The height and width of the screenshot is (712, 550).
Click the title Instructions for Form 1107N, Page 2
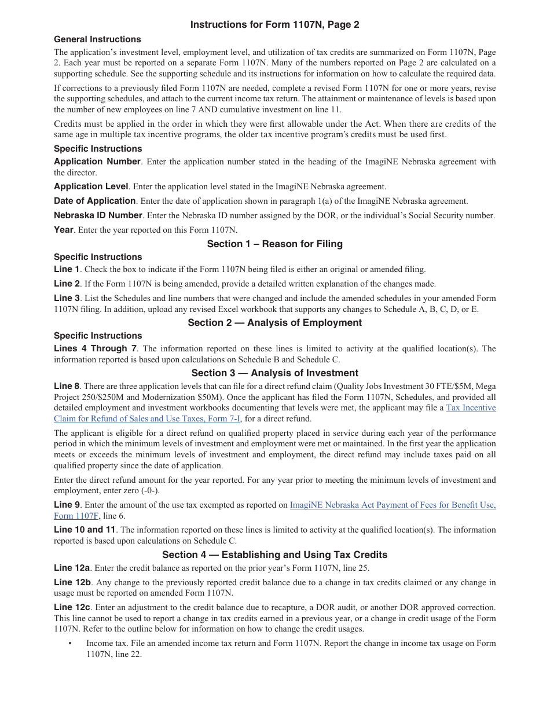pos(275,25)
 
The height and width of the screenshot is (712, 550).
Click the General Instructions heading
pos(97,39)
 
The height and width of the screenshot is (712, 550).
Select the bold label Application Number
pos(97,162)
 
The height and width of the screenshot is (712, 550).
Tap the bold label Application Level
pos(91,186)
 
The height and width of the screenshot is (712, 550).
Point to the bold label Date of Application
pos(94,201)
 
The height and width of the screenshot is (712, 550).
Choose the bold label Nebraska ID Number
pos(98,215)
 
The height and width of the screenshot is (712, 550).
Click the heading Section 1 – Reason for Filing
pos(275,244)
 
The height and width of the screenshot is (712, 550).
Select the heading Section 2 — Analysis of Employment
pos(275,322)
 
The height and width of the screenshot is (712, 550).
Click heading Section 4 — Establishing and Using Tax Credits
pos(275,555)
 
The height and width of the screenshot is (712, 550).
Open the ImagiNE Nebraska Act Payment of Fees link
pos(393,505)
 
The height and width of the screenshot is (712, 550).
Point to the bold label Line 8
pos(67,386)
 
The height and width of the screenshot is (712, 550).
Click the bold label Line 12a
pos(72,568)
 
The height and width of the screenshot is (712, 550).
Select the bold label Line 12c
pos(72,607)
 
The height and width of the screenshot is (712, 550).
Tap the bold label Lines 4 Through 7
pos(96,348)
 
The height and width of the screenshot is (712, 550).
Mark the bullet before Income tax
pos(70,643)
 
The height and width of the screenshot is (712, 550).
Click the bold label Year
pos(64,230)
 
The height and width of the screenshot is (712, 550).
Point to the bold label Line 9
pos(67,505)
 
